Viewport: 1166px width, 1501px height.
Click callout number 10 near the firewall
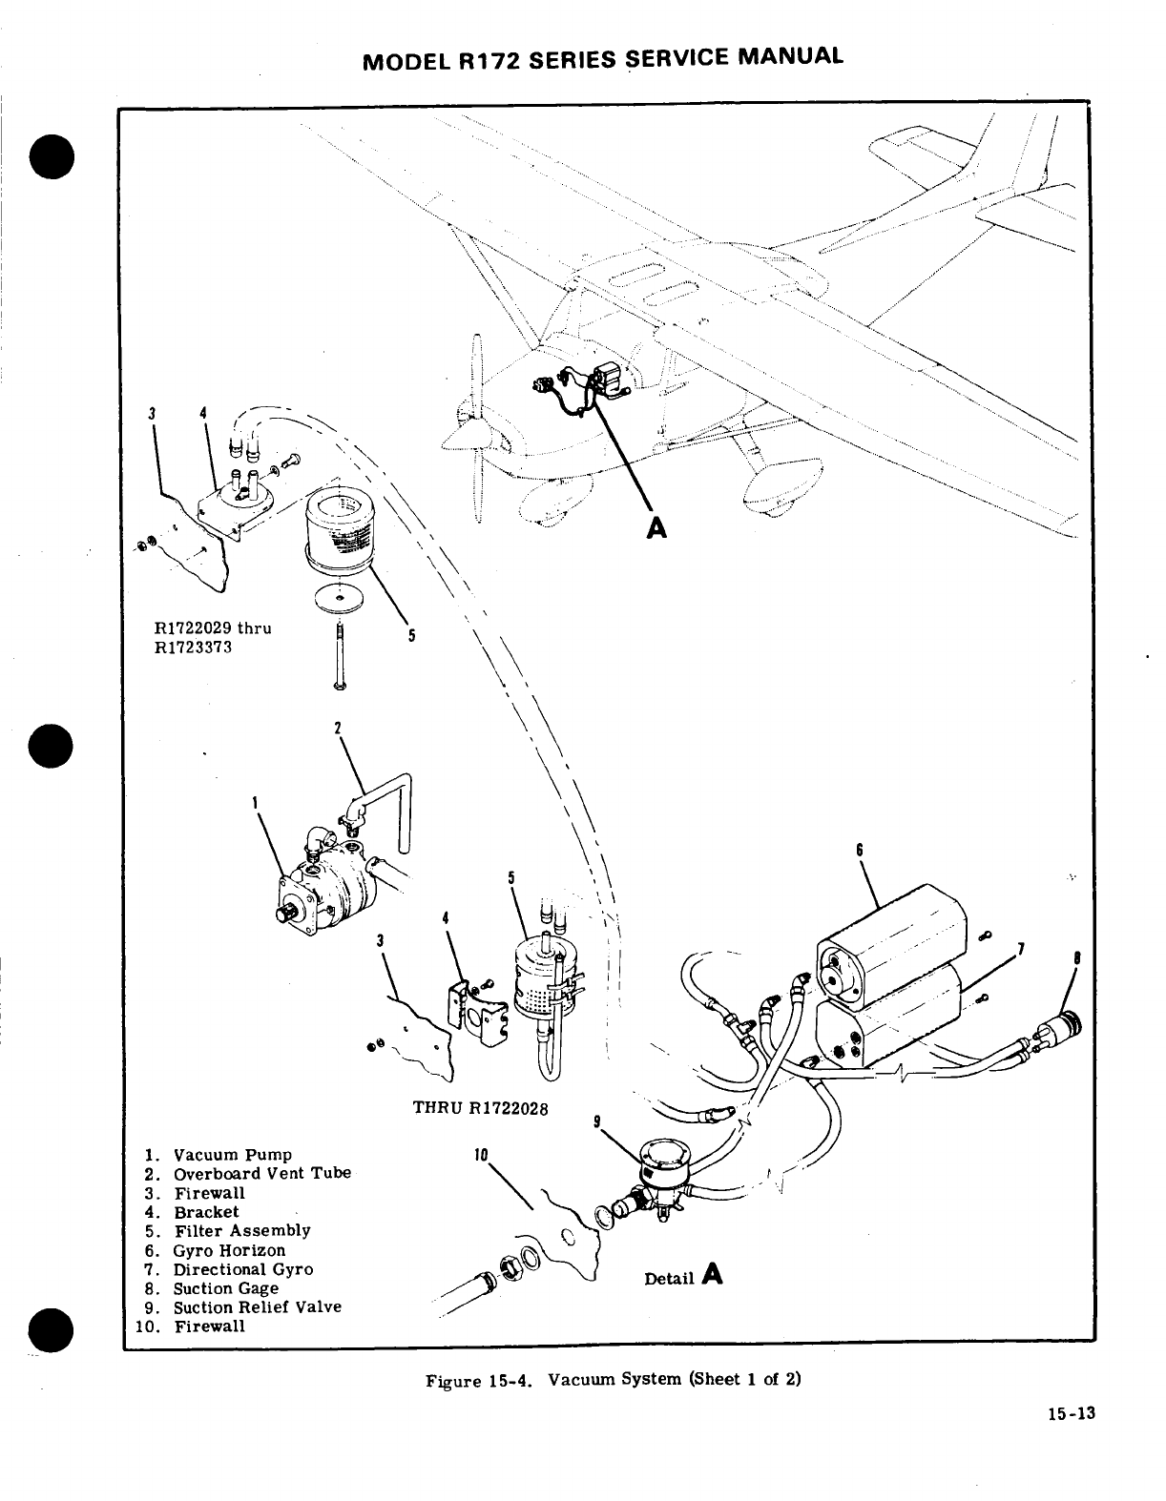click(x=481, y=1155)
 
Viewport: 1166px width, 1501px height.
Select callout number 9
click(x=596, y=1122)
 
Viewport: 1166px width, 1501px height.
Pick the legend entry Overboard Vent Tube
click(x=261, y=1173)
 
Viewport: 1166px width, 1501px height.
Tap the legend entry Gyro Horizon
click(x=229, y=1249)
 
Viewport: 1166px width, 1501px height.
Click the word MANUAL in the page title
click(x=789, y=55)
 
